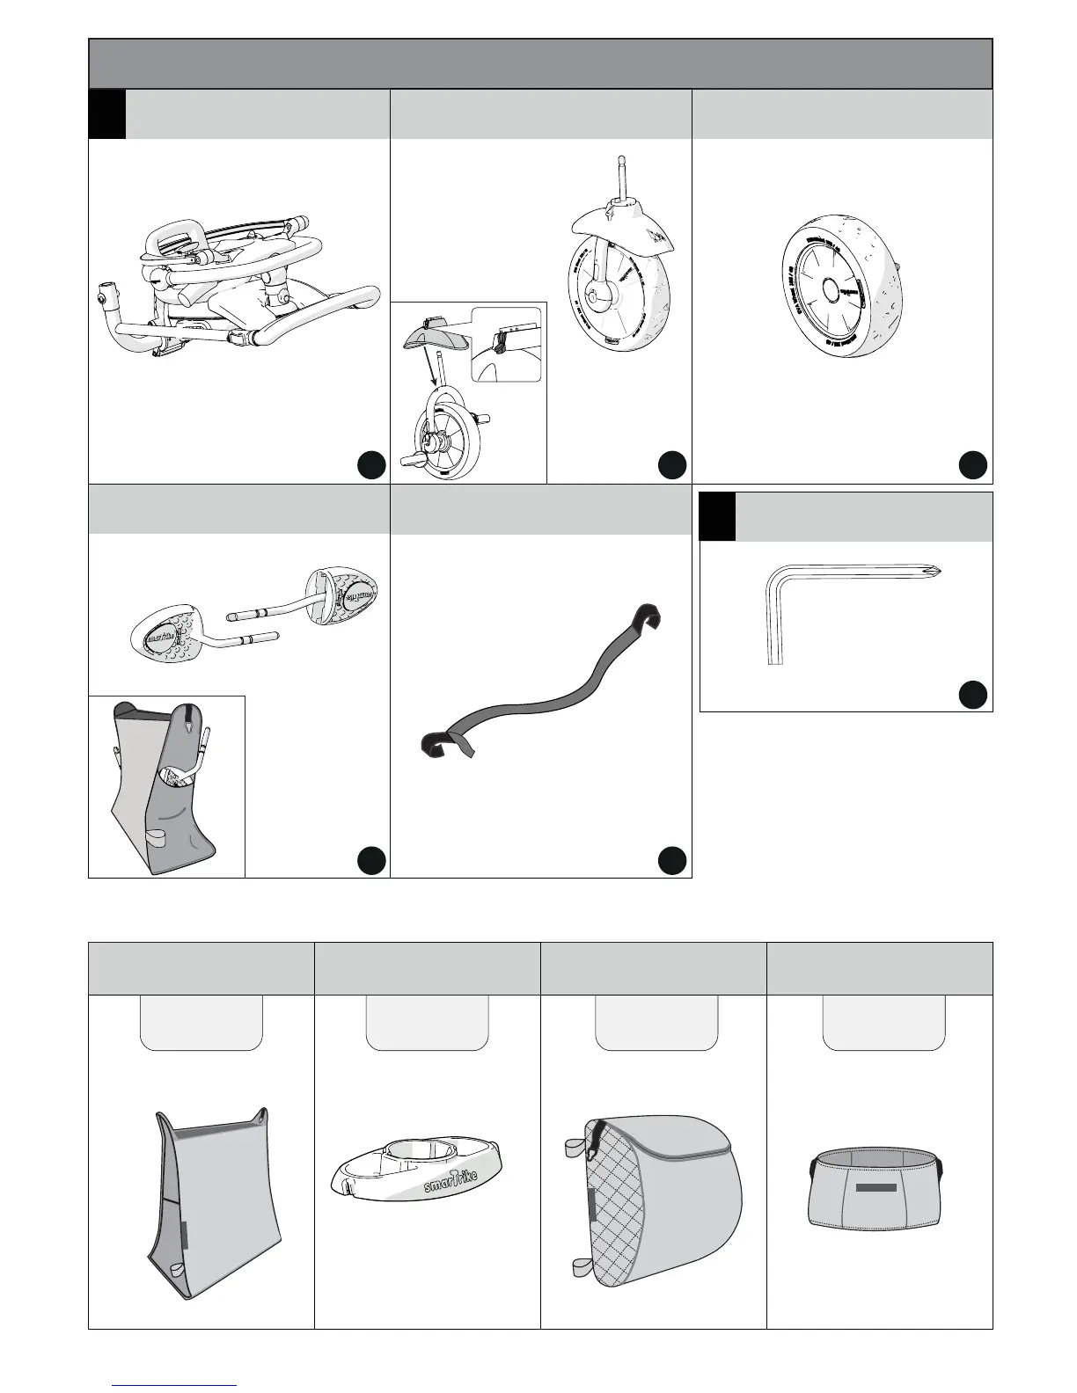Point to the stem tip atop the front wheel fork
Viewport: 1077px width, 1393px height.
click(620, 164)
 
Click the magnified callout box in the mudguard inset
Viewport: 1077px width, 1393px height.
click(506, 344)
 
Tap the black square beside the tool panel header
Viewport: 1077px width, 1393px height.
click(717, 517)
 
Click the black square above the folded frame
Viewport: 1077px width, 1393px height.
click(106, 114)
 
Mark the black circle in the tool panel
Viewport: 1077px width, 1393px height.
click(971, 694)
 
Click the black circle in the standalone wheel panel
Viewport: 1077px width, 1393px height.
click(971, 465)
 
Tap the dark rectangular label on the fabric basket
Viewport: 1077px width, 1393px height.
click(876, 1187)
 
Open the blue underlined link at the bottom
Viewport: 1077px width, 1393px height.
click(174, 1385)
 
